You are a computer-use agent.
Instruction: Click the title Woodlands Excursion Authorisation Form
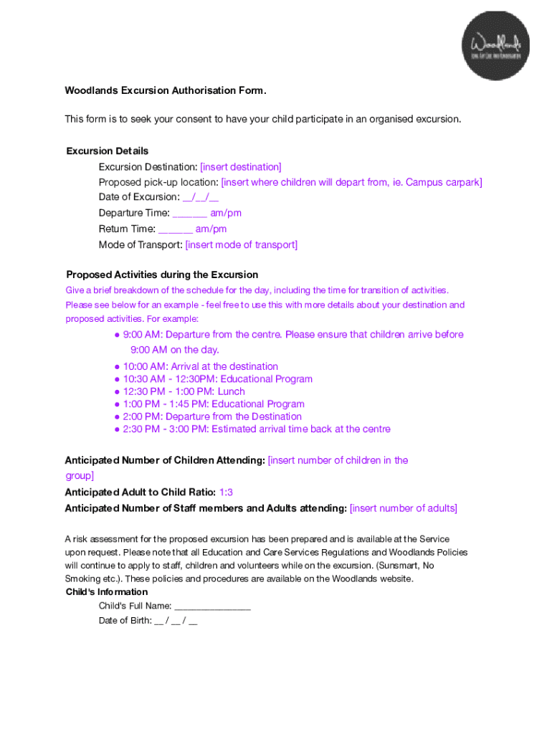[x=166, y=90]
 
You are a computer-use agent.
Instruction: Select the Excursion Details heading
[x=108, y=151]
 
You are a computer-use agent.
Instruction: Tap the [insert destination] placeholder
[x=241, y=166]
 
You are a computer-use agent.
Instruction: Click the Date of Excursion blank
[x=201, y=197]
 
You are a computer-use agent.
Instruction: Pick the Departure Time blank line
[x=190, y=213]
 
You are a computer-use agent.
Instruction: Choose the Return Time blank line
[x=176, y=229]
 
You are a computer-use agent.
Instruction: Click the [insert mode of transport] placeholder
[x=241, y=245]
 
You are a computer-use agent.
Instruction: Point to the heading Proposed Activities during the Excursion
[x=162, y=275]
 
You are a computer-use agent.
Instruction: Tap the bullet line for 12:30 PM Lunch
[x=184, y=391]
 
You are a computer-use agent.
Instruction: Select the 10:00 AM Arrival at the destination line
[x=200, y=366]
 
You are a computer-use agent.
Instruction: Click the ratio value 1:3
[x=226, y=492]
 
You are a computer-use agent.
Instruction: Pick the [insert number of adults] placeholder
[x=403, y=508]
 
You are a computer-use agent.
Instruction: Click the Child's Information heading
[x=107, y=592]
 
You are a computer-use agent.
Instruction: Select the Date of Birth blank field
[x=176, y=621]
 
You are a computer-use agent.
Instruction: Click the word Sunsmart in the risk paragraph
[x=399, y=566]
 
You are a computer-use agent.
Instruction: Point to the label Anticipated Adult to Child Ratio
[x=140, y=492]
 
